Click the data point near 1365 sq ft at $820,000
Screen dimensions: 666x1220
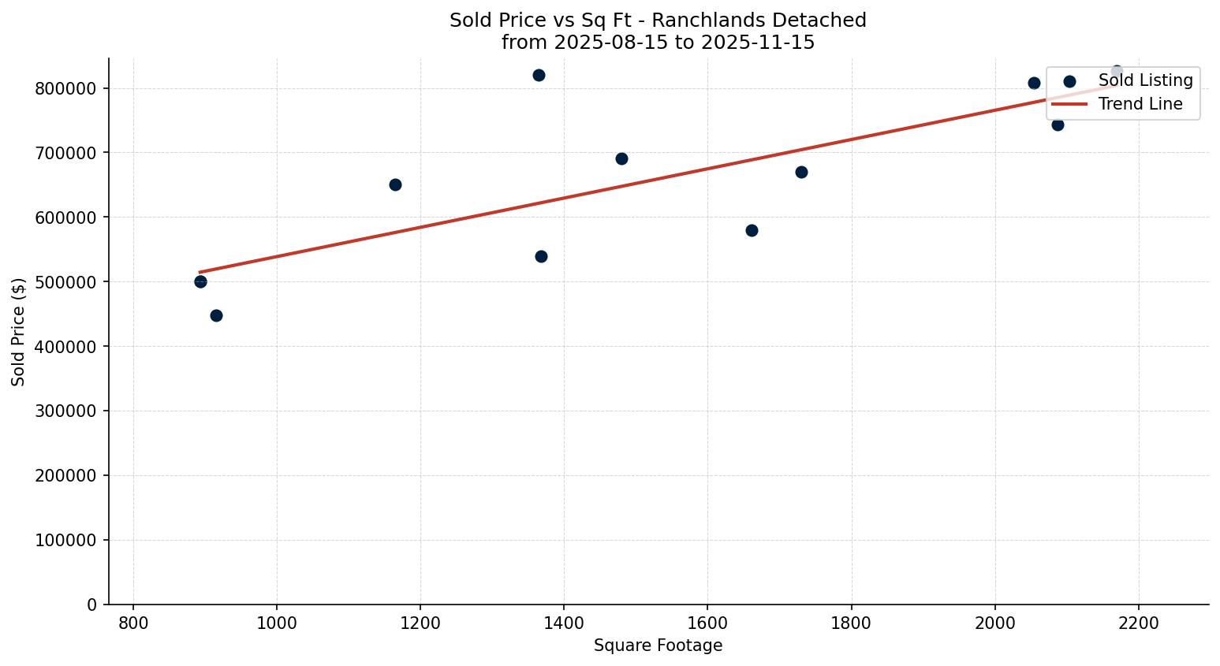pyautogui.click(x=539, y=76)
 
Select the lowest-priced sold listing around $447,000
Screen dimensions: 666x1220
pyautogui.click(x=216, y=315)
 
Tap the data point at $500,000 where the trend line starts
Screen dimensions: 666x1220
pyautogui.click(x=200, y=281)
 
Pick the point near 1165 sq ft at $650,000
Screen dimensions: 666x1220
pyautogui.click(x=395, y=184)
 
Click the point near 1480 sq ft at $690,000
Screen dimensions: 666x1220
pyautogui.click(x=621, y=158)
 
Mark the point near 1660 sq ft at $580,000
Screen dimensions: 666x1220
pyautogui.click(x=752, y=230)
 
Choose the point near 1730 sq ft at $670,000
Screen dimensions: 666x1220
pyautogui.click(x=801, y=172)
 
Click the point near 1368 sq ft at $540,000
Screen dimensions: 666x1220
pyautogui.click(x=541, y=256)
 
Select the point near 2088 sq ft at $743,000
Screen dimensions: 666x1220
pyautogui.click(x=1058, y=125)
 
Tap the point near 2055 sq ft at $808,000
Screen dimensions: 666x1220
pyautogui.click(x=1034, y=83)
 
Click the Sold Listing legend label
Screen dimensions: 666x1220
pyautogui.click(x=1145, y=80)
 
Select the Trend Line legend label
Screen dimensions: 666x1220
pyautogui.click(x=1140, y=104)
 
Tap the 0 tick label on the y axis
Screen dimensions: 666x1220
pyautogui.click(x=92, y=605)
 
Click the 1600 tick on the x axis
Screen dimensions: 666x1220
pyautogui.click(x=707, y=623)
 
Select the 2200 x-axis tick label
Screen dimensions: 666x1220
pyautogui.click(x=1138, y=623)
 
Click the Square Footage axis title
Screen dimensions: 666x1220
pyautogui.click(x=658, y=646)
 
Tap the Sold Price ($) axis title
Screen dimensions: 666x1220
pyautogui.click(x=19, y=332)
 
